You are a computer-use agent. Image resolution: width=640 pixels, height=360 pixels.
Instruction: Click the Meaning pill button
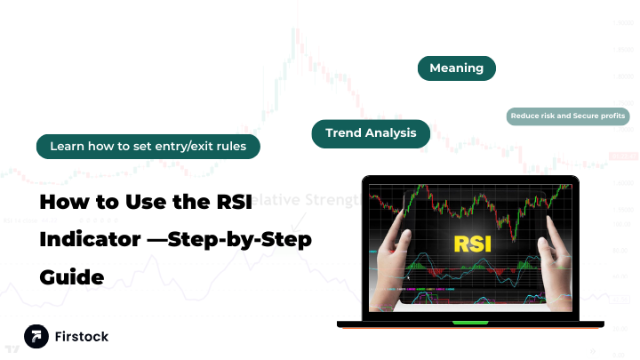pos(456,68)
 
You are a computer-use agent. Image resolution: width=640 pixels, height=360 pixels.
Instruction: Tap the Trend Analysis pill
pos(371,133)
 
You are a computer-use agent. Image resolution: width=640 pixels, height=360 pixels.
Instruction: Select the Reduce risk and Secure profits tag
pos(568,116)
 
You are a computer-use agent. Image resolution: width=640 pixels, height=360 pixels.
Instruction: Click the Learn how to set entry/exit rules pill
pos(148,146)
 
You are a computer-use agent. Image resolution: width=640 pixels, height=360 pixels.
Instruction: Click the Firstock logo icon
pos(36,337)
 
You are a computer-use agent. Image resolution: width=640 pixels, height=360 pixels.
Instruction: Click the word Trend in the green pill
pos(342,133)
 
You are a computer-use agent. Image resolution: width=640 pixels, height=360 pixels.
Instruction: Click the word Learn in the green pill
pos(67,146)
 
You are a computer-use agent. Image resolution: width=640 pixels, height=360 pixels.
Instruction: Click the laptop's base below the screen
pos(471,323)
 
